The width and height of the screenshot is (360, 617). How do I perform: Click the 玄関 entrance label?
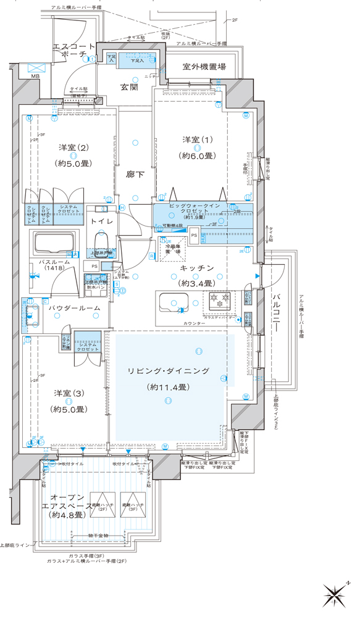[128, 88]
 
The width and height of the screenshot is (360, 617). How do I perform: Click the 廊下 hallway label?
[135, 175]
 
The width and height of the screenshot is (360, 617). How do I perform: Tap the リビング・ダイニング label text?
[168, 371]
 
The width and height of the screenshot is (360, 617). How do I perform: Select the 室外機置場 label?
[203, 67]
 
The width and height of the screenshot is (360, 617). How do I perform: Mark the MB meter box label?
[35, 77]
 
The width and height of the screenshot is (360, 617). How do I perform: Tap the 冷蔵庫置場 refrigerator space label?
[172, 249]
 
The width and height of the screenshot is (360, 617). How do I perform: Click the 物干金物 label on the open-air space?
[98, 535]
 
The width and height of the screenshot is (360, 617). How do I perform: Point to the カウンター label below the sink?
[194, 323]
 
